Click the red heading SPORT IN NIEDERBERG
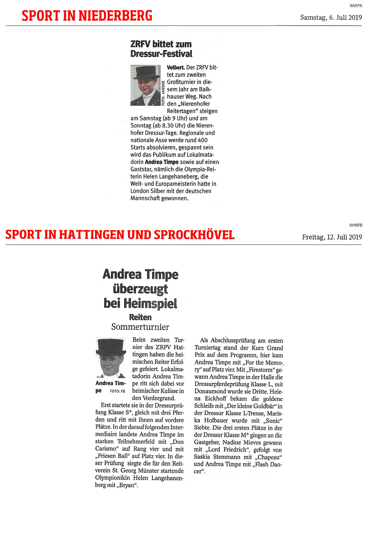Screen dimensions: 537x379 (x=87, y=16)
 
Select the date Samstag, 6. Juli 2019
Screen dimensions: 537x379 (x=331, y=17)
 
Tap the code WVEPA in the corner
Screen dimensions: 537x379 (x=356, y=6)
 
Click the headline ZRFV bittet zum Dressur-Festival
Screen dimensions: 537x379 (x=161, y=49)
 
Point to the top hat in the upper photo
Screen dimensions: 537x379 (x=146, y=72)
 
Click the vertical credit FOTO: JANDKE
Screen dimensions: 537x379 (x=163, y=93)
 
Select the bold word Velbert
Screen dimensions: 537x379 (x=176, y=67)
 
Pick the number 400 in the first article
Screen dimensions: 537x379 (x=202, y=140)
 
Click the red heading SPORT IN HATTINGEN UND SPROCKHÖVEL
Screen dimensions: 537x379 (x=120, y=234)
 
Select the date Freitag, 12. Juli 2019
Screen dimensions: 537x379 (x=332, y=237)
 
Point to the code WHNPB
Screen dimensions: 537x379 (x=356, y=225)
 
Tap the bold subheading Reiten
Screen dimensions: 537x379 (x=140, y=317)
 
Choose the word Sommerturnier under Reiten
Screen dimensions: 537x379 (x=140, y=327)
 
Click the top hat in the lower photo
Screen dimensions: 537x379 (x=111, y=347)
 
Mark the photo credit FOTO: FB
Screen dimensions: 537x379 (x=117, y=391)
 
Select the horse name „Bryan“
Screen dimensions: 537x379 (x=127, y=485)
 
